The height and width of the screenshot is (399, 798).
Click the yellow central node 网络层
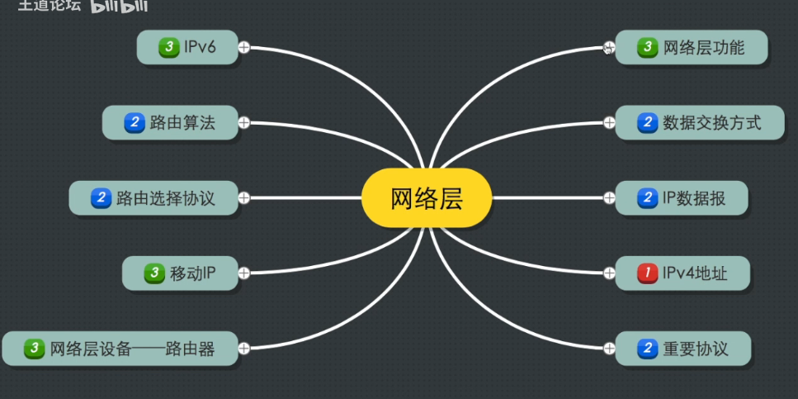click(427, 198)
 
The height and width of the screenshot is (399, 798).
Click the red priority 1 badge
click(647, 273)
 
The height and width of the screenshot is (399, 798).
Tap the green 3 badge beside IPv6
click(169, 47)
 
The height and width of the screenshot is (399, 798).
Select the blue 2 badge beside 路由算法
click(135, 123)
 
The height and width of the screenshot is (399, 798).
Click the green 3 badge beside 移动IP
click(154, 273)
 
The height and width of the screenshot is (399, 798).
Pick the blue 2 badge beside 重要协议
click(647, 349)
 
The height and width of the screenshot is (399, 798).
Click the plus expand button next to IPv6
click(244, 47)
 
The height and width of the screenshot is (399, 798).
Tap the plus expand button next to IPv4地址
click(609, 273)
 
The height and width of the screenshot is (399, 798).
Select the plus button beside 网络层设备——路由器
click(244, 349)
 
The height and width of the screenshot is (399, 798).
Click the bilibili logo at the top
click(119, 6)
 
